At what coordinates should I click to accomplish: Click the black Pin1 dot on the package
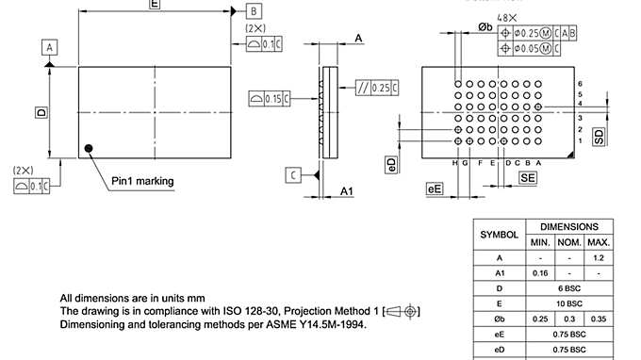tap(88, 148)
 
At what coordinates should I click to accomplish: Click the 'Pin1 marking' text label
tap(142, 180)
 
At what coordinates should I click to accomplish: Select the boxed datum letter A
tap(50, 46)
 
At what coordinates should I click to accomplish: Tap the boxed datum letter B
tap(254, 10)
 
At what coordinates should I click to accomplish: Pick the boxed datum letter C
tap(294, 174)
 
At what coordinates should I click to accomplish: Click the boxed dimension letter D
tap(41, 112)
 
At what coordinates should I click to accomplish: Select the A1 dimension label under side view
tap(346, 191)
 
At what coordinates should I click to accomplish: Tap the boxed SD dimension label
tap(599, 137)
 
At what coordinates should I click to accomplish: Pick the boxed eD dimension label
tap(392, 163)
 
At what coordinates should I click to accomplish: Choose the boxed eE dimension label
tap(435, 189)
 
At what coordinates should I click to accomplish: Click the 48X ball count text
tap(507, 18)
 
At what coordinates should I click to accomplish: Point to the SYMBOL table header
tap(499, 233)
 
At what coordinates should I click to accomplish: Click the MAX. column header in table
tap(599, 241)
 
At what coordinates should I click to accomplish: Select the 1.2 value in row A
tap(599, 256)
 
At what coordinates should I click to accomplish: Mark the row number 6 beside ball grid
tap(581, 84)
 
